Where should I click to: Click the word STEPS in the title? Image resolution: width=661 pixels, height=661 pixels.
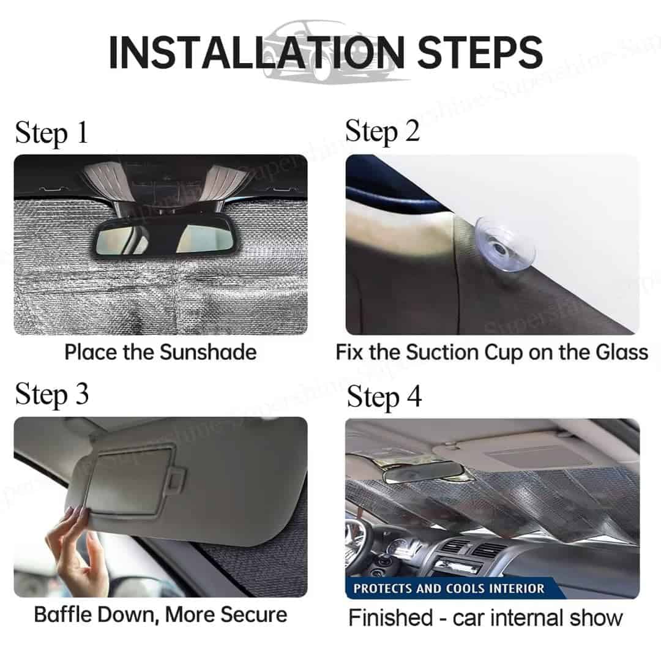click(x=480, y=52)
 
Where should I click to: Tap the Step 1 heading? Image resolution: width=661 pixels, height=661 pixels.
click(x=51, y=133)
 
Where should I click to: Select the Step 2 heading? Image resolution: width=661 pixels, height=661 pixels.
click(x=383, y=132)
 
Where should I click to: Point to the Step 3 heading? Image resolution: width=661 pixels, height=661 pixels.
click(x=52, y=395)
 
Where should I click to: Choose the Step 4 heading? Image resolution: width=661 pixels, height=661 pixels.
click(x=384, y=398)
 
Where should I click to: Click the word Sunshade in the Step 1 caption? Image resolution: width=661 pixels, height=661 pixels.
click(x=208, y=352)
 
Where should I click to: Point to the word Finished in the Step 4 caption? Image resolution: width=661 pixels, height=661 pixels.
click(x=390, y=618)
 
